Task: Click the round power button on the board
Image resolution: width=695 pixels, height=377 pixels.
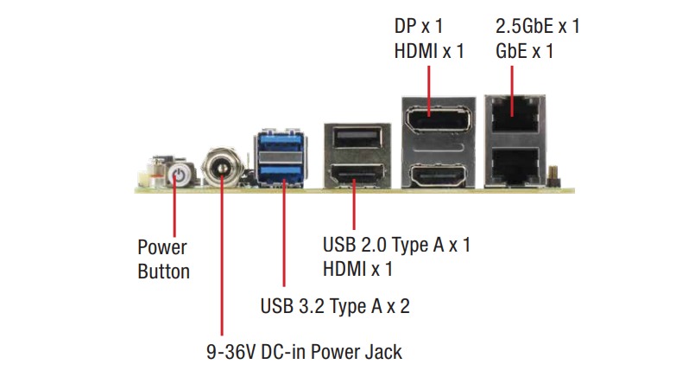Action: point(176,175)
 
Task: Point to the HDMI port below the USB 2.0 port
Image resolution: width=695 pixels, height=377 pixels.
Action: point(353,177)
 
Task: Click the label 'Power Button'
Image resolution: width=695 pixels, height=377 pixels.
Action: point(163,259)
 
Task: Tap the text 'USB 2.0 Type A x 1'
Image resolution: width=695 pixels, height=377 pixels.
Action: point(396,245)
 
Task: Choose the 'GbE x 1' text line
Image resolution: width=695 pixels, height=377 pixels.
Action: point(521,51)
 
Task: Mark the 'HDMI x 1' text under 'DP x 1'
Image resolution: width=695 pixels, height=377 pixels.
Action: point(429,51)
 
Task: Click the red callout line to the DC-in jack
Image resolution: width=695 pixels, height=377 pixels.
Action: point(222,259)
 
